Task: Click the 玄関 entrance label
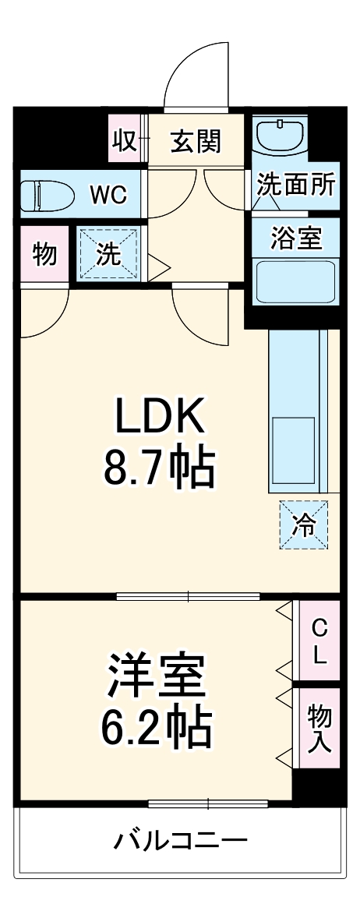coord(196,141)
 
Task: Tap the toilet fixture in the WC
coord(45,194)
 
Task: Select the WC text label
coord(108,194)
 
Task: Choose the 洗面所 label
coord(296,186)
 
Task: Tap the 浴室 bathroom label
coord(296,238)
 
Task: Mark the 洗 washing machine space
coord(109,253)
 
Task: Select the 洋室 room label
coord(156,676)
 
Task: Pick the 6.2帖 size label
coord(156,727)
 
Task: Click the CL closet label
coord(319,641)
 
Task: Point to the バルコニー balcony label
coord(181,841)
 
